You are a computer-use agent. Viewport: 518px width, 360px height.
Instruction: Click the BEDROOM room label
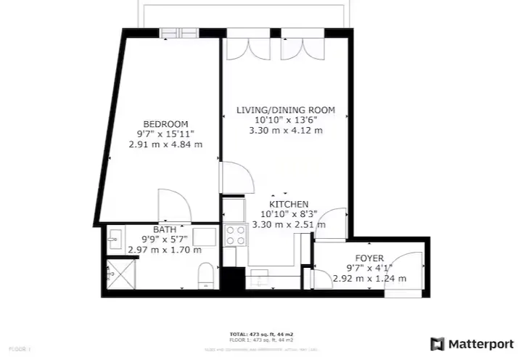coord(165,123)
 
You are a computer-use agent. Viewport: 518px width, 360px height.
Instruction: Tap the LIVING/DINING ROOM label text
coord(286,110)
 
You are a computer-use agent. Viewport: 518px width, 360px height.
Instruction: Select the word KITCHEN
coord(289,205)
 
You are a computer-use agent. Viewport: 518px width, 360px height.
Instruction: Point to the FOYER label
coord(369,258)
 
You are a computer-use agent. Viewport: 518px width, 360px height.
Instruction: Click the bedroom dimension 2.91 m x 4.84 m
coord(165,144)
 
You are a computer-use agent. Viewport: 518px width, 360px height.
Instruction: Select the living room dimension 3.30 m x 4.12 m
coord(286,131)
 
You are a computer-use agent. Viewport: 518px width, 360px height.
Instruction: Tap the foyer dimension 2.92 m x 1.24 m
coord(369,278)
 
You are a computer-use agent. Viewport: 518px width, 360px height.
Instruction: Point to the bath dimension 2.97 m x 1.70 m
coord(164,250)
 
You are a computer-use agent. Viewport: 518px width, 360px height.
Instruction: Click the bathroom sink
coord(113,238)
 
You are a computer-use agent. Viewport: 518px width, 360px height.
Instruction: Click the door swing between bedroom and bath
coord(174,205)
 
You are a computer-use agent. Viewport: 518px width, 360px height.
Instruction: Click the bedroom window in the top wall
coord(179,32)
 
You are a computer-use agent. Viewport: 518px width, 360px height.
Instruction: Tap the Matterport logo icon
coord(437,343)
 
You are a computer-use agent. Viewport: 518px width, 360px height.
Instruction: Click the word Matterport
coord(479,343)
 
